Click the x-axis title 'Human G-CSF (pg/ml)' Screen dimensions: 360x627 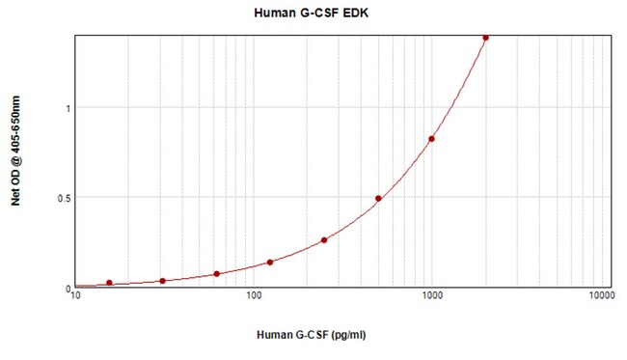click(313, 335)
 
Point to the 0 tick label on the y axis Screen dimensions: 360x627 click(68, 288)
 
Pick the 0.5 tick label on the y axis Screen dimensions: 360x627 click(63, 198)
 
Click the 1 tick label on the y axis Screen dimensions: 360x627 click(68, 108)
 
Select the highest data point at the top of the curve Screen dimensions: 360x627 click(485, 38)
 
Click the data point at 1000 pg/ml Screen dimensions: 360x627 click(431, 139)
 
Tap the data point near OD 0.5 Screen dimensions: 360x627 click(378, 199)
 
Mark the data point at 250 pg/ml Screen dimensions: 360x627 click(324, 240)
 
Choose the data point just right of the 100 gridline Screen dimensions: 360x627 click(270, 263)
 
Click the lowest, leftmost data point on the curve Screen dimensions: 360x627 click(109, 283)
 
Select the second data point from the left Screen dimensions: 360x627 click(162, 281)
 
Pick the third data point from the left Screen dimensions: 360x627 click(216, 274)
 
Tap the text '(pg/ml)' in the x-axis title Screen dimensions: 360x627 click(346, 335)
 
